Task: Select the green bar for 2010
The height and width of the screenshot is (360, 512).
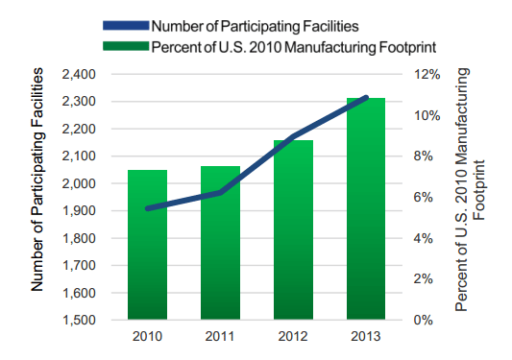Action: click(x=148, y=245)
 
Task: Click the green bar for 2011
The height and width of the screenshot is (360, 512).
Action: click(x=220, y=243)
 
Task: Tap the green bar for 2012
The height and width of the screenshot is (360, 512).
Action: click(x=293, y=230)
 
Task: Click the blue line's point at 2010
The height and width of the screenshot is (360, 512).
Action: click(x=148, y=208)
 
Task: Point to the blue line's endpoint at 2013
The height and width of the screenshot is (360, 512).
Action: click(x=366, y=98)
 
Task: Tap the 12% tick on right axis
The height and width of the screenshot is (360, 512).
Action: click(x=427, y=74)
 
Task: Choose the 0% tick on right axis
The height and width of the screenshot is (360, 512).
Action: click(x=423, y=320)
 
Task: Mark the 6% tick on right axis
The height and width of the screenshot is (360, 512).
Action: click(x=423, y=197)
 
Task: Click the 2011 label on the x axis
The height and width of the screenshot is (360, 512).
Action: click(x=220, y=337)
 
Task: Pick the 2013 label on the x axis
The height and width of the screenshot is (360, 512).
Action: click(x=366, y=337)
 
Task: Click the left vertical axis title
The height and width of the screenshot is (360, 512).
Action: click(x=38, y=180)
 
